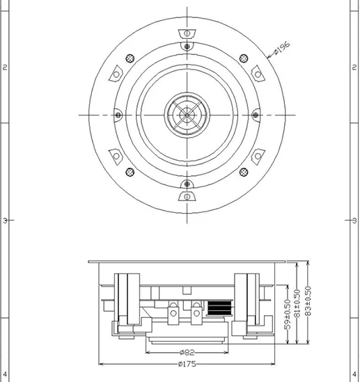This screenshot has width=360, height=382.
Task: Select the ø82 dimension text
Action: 186,353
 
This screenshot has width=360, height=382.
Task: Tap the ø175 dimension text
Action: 186,364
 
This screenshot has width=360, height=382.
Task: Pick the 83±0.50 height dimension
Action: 308,304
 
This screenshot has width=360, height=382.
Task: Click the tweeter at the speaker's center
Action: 186,113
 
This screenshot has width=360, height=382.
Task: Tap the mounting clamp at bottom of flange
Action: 186,196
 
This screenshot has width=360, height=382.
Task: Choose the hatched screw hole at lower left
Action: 128,171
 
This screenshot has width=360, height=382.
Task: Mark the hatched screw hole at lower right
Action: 243,171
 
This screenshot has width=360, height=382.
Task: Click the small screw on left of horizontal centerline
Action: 118,114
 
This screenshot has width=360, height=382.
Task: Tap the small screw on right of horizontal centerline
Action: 254,114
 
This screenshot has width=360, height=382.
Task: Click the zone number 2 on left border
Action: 6,67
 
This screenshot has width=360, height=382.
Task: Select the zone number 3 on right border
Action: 354,221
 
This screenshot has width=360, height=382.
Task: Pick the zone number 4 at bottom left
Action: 6,376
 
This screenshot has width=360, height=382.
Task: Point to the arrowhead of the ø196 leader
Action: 268,55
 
